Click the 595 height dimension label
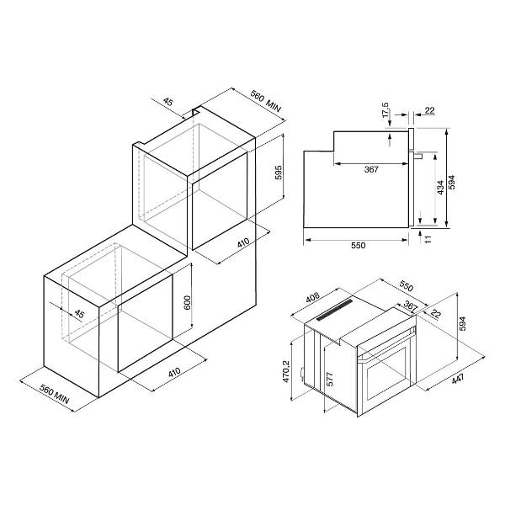pyautogui.click(x=279, y=173)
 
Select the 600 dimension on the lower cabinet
pyautogui.click(x=187, y=302)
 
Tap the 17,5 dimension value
pyautogui.click(x=385, y=110)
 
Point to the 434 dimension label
pyautogui.click(x=440, y=187)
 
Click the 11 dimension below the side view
pyautogui.click(x=428, y=239)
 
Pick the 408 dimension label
pyautogui.click(x=312, y=297)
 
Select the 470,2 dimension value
pyautogui.click(x=286, y=371)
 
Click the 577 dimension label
pyautogui.click(x=330, y=379)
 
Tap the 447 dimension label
pyautogui.click(x=458, y=379)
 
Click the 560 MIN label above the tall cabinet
pyautogui.click(x=266, y=102)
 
